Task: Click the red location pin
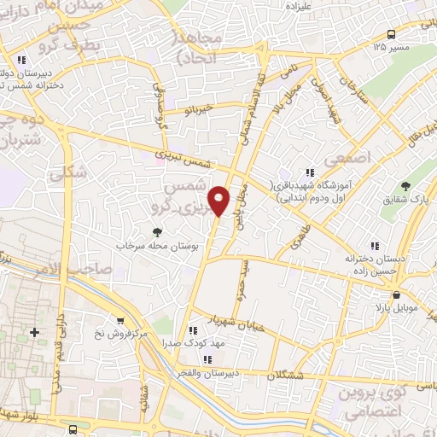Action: coord(221,199)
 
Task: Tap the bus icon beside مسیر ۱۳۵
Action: coord(391,34)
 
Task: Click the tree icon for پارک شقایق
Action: coord(405,186)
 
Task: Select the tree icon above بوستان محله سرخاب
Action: coord(156,231)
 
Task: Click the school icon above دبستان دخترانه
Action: coord(369,246)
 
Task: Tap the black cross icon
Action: coord(34,331)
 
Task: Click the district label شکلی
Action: coord(68,172)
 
